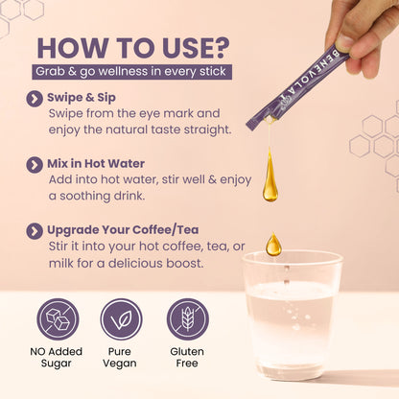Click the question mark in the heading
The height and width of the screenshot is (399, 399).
[x=220, y=48]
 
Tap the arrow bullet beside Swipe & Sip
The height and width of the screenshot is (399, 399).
[x=35, y=99]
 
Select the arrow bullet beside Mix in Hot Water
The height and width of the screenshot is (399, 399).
[x=35, y=165]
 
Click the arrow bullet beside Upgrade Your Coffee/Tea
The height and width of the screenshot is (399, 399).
[x=35, y=231]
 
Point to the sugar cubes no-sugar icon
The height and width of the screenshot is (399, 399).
[x=58, y=318]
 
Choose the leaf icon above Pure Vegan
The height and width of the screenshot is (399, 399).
[x=121, y=318]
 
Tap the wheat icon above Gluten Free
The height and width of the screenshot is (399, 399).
[x=188, y=318]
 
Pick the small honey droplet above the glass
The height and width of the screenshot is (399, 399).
[x=273, y=245]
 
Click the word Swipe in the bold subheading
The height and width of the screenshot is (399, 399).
[x=63, y=98]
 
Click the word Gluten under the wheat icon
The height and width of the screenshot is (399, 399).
[x=187, y=351]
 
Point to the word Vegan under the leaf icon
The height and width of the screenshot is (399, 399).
[x=120, y=364]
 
